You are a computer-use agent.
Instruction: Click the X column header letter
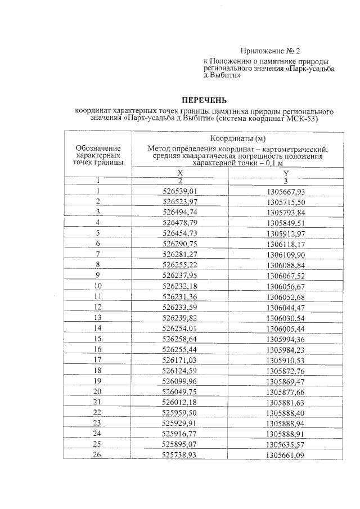(181, 173)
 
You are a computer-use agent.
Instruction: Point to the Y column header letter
(286, 173)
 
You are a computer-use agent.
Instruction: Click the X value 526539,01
(181, 191)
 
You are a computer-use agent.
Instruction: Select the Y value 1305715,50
(286, 201)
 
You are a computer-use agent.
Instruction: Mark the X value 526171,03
(181, 359)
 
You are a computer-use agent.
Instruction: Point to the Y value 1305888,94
(286, 423)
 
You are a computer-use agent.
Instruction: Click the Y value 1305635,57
(286, 444)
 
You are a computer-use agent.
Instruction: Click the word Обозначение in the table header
(98, 148)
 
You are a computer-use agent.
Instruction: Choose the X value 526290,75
(181, 244)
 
